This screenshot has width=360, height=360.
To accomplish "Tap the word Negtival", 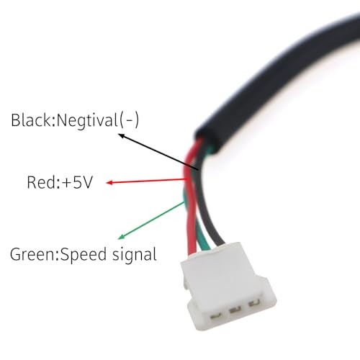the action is pos(86,120).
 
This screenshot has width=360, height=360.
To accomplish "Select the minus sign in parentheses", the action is pos(129,120).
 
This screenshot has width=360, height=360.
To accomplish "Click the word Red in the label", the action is pos(41,182).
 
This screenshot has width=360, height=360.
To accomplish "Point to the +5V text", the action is pos(76,182).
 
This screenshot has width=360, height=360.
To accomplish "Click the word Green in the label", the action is pos(32,254).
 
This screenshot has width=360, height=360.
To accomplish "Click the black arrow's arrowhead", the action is pos(122,136).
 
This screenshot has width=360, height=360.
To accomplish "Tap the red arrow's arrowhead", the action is pos(109,183).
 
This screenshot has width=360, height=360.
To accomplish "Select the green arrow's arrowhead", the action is pos(121,237).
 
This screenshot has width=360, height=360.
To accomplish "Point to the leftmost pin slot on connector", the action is pos(216,317).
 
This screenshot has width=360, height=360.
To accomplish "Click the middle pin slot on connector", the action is pos(235,310).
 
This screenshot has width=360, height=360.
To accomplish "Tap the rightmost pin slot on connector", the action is pos(254,304).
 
